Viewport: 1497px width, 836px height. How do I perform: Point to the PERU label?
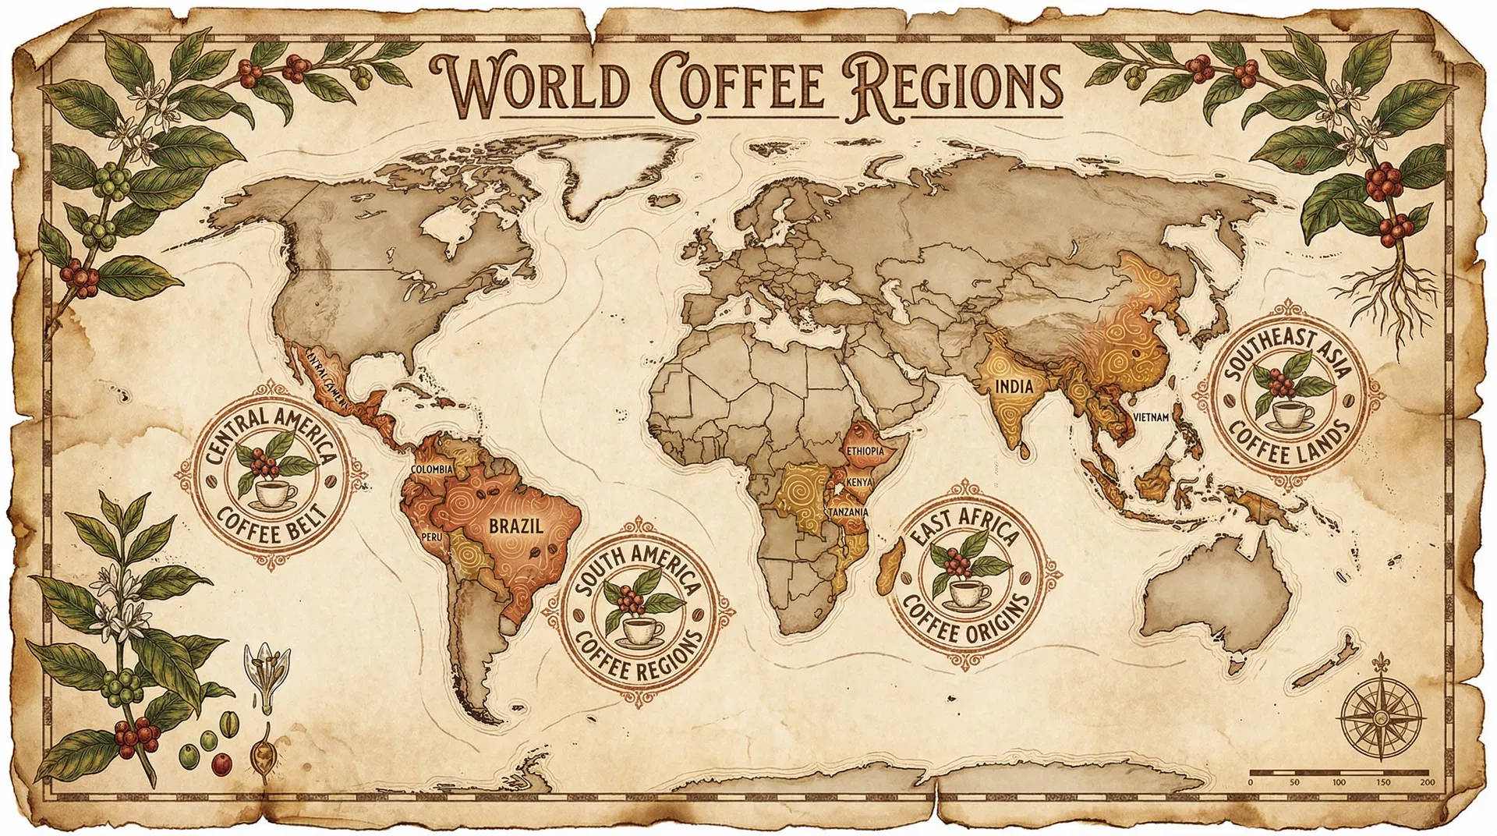tap(430, 537)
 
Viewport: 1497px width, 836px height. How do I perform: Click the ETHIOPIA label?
tap(865, 452)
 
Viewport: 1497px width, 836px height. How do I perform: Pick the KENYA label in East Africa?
tap(858, 483)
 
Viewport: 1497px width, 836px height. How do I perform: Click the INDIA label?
tap(1014, 386)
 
